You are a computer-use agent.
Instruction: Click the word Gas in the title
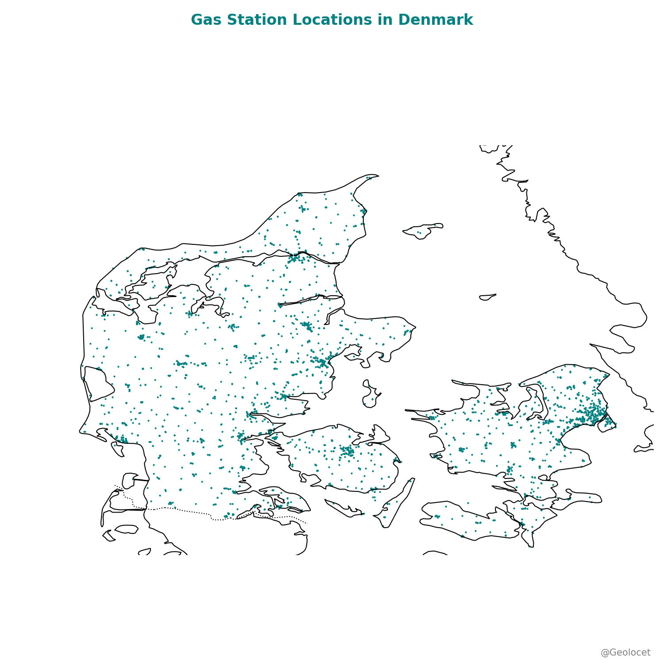point(205,20)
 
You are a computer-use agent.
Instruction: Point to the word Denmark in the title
point(436,20)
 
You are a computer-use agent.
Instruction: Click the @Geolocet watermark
point(625,652)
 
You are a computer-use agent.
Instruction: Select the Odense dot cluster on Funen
point(347,451)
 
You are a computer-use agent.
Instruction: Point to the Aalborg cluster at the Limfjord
point(295,258)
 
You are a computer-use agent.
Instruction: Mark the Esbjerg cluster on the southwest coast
point(121,439)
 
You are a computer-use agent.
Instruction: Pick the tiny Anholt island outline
point(487,297)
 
